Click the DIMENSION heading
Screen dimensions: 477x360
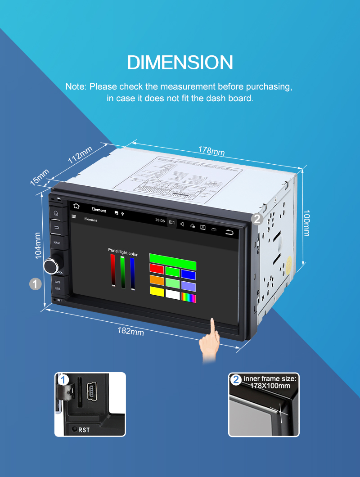click(180, 62)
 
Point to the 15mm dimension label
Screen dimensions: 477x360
click(39, 177)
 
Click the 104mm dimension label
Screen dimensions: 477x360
click(38, 245)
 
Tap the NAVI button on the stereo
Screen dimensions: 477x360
click(57, 243)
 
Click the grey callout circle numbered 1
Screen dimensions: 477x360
click(35, 283)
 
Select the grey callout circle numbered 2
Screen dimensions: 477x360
click(257, 219)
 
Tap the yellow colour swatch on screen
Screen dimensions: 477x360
click(157, 292)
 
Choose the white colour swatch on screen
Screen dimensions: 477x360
click(172, 294)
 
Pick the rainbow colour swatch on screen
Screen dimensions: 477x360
click(189, 297)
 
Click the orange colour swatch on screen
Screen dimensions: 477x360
click(157, 280)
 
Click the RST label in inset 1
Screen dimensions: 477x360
click(84, 430)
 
